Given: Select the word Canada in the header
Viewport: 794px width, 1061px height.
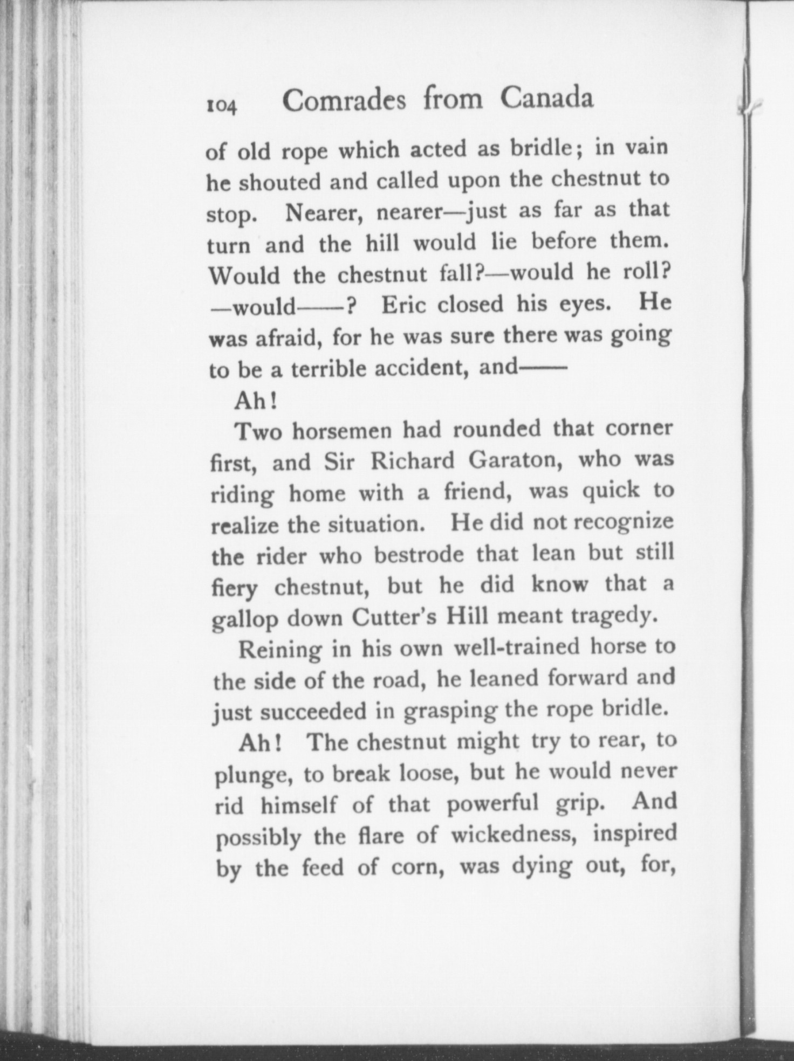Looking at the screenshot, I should [x=546, y=98].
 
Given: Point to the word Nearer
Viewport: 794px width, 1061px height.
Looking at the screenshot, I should [x=320, y=213].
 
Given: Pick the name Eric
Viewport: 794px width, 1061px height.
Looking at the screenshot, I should [x=404, y=305].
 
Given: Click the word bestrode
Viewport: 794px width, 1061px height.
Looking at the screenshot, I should [x=418, y=555].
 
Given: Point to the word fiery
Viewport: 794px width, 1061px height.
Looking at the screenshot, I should [x=234, y=588].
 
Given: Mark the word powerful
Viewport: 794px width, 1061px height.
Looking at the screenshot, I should [x=493, y=803].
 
